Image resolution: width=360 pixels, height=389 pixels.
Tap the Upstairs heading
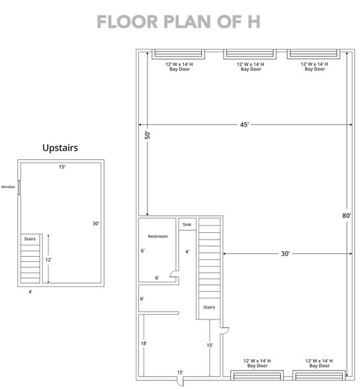coord(60,148)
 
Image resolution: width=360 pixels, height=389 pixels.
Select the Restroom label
coord(157,236)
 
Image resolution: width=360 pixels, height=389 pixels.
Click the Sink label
coord(187,225)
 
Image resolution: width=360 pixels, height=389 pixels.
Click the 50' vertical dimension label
coord(148,135)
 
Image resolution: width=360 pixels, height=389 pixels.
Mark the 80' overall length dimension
coord(347,215)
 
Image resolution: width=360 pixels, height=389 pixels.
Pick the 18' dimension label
coord(144,343)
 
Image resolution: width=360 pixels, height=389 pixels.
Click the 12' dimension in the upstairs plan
coord(48,260)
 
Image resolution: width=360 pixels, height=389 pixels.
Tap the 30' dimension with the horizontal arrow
coord(286,253)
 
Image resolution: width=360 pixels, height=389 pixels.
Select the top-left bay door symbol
coord(178,54)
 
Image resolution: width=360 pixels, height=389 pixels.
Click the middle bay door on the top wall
coord(250,54)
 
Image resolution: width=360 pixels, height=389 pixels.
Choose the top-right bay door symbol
coord(314,54)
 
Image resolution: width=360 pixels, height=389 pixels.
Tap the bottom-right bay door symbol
coord(317,376)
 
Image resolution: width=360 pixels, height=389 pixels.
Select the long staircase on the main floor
coord(209,265)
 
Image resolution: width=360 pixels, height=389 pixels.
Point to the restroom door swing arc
coord(173,273)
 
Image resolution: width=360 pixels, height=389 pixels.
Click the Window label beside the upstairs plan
coord(8,187)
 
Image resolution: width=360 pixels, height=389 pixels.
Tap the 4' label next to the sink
coord(187,251)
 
